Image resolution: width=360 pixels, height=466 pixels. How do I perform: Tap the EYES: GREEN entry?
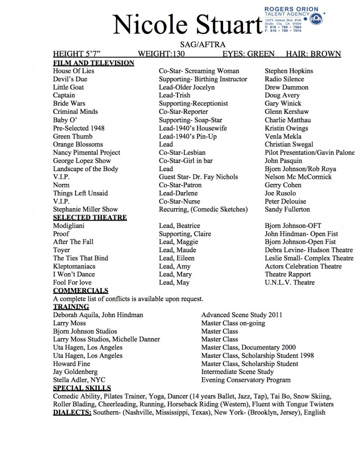[248, 54]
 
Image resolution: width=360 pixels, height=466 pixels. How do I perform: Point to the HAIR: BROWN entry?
[313, 54]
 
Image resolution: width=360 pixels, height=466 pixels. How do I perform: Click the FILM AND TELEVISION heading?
[93, 63]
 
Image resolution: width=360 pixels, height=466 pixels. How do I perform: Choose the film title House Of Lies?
[73, 71]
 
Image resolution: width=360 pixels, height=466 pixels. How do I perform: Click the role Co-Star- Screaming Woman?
[198, 71]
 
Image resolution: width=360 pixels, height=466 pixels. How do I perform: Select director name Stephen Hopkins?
[289, 71]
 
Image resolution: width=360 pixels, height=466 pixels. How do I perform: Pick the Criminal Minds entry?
[75, 111]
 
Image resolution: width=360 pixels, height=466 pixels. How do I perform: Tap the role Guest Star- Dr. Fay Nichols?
[198, 177]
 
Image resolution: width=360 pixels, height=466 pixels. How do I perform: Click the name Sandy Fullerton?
[287, 209]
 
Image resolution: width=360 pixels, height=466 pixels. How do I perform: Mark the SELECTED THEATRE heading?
[90, 218]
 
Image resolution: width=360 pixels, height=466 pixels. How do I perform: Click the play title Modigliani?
[68, 226]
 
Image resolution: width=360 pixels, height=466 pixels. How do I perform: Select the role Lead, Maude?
[177, 250]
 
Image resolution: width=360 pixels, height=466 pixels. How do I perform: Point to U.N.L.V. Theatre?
[289, 283]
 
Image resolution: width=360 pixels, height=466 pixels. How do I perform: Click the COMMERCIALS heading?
[81, 291]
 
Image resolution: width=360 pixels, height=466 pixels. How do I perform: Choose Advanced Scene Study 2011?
[242, 314]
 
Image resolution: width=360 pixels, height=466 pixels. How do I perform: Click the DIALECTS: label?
[72, 413]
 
